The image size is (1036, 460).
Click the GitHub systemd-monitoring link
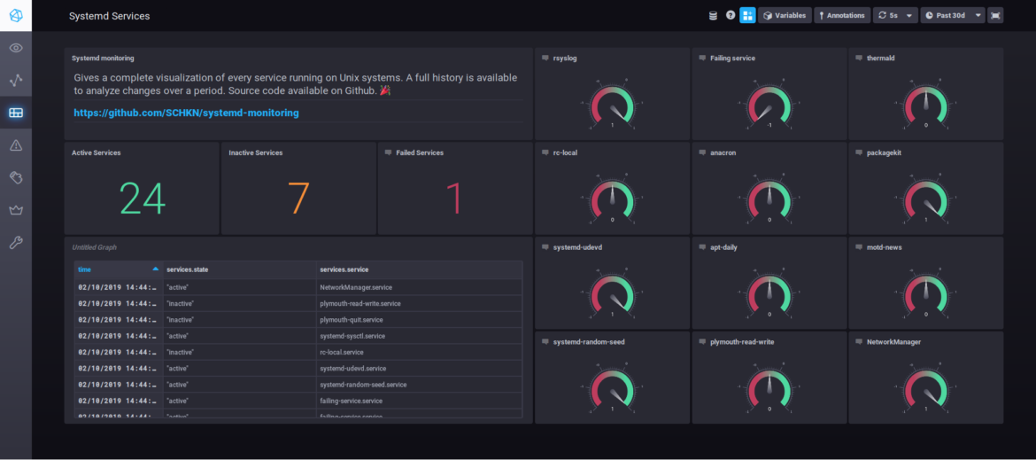tap(186, 113)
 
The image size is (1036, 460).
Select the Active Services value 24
tap(142, 199)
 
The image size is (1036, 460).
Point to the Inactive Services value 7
tap(298, 199)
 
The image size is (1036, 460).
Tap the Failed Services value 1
tap(454, 199)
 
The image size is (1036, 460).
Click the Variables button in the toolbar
tap(785, 15)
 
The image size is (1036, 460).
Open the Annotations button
tap(841, 15)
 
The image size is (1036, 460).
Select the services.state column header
tap(188, 269)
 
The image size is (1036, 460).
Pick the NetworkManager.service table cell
tap(355, 287)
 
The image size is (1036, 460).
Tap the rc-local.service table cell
tap(341, 352)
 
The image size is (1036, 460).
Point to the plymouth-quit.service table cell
tap(351, 320)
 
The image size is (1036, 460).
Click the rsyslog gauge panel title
tap(565, 58)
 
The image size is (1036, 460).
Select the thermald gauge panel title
tap(875, 58)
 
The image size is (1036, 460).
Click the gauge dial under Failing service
tap(769, 105)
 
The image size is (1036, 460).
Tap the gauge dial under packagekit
tap(925, 199)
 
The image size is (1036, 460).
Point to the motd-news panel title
tap(878, 247)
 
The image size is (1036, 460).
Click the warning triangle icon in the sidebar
tap(16, 145)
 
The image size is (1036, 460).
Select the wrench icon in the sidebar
tap(16, 243)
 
